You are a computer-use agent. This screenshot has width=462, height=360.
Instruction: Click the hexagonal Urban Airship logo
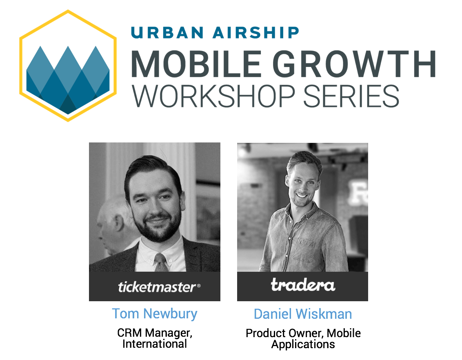[x=68, y=66]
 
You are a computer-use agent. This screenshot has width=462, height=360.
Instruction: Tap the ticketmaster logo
[x=157, y=287]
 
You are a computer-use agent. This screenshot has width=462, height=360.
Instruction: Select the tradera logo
[x=303, y=285]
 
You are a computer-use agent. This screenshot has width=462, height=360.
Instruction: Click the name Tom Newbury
[x=155, y=314]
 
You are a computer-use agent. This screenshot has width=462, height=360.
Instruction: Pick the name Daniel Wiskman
[x=303, y=314]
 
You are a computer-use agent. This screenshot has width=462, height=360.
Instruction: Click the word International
[x=155, y=344]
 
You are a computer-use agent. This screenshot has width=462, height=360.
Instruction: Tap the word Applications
[x=303, y=344]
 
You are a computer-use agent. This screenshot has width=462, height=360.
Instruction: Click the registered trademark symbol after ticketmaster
[x=199, y=286]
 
